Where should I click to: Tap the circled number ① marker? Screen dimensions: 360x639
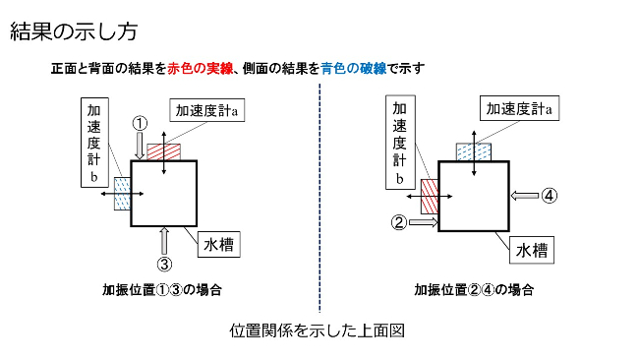click(x=141, y=123)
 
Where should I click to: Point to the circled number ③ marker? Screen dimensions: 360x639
click(x=165, y=263)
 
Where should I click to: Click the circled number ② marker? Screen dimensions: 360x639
click(x=398, y=222)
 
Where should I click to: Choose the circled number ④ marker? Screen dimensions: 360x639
click(x=550, y=195)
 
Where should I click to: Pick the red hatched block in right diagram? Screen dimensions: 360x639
click(x=430, y=195)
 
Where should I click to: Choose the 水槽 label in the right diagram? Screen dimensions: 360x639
click(x=531, y=251)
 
